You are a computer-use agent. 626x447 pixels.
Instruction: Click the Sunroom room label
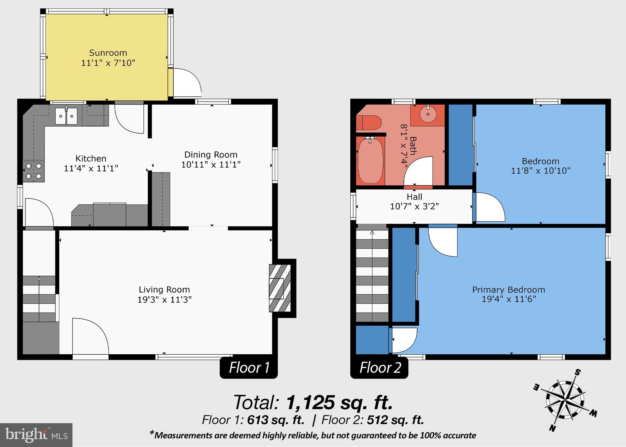(x=108, y=53)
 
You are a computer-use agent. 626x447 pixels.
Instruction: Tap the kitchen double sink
(x=66, y=116)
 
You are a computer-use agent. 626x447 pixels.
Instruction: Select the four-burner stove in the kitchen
(x=34, y=171)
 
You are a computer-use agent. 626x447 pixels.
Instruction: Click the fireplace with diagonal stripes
(x=280, y=288)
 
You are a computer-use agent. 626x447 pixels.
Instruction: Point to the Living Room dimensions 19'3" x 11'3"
(x=164, y=300)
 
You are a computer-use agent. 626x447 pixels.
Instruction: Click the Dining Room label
(x=211, y=155)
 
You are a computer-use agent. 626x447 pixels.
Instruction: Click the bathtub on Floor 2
(x=370, y=161)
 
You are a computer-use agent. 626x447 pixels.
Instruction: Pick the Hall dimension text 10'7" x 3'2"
(x=414, y=207)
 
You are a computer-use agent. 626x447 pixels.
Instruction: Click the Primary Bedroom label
(x=509, y=290)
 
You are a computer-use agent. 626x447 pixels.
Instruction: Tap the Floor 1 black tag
(x=249, y=368)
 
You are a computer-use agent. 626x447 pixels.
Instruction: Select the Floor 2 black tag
(x=379, y=368)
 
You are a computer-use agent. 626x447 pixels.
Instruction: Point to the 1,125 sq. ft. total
(x=339, y=402)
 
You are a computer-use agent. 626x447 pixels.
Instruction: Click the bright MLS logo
(x=36, y=435)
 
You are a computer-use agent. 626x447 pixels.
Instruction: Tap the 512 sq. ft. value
(x=395, y=420)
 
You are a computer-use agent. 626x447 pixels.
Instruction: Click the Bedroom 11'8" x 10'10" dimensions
(x=540, y=171)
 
